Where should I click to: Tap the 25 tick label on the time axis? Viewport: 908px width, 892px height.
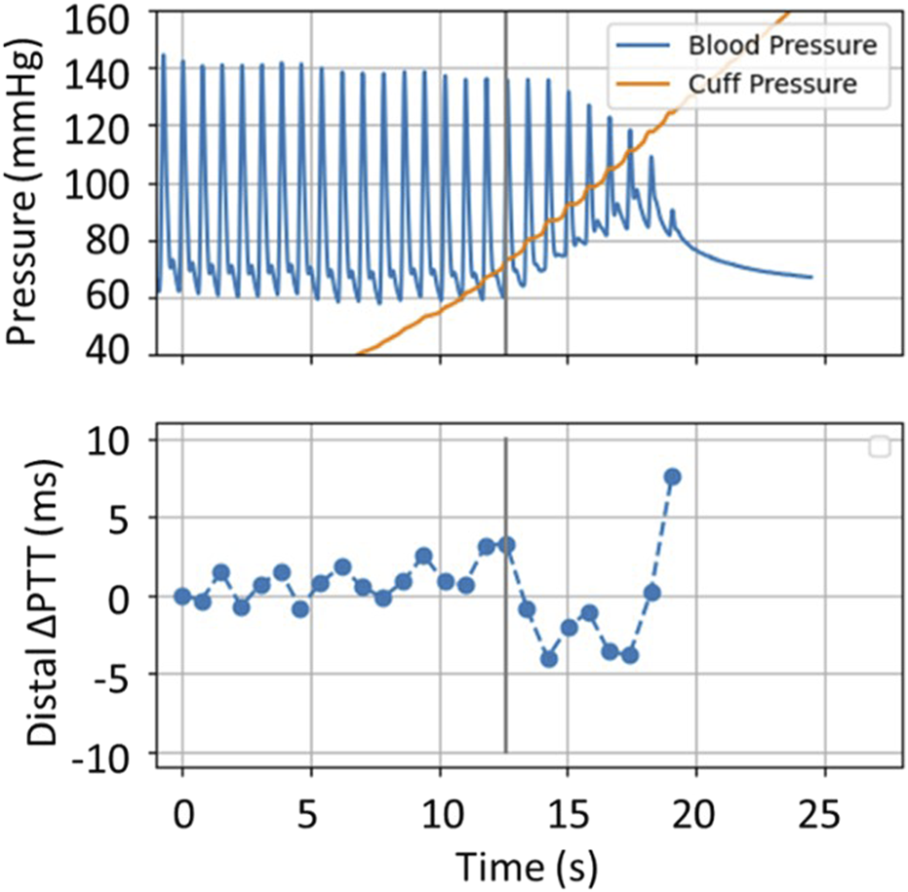[x=825, y=814]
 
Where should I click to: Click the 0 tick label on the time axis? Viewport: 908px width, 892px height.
[x=182, y=814]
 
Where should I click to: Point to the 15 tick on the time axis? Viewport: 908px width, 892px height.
[x=568, y=814]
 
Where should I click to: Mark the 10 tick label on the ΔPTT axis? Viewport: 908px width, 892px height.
[x=127, y=441]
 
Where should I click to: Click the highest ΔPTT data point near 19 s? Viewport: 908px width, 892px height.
[x=672, y=477]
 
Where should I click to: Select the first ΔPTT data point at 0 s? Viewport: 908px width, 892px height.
[x=182, y=596]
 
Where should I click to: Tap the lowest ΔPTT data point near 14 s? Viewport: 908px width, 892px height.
[x=549, y=659]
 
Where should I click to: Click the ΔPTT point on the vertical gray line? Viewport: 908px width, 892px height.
[x=506, y=544]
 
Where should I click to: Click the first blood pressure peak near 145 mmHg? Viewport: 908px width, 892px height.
[x=163, y=56]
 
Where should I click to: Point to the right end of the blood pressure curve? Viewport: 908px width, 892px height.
[x=810, y=277]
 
